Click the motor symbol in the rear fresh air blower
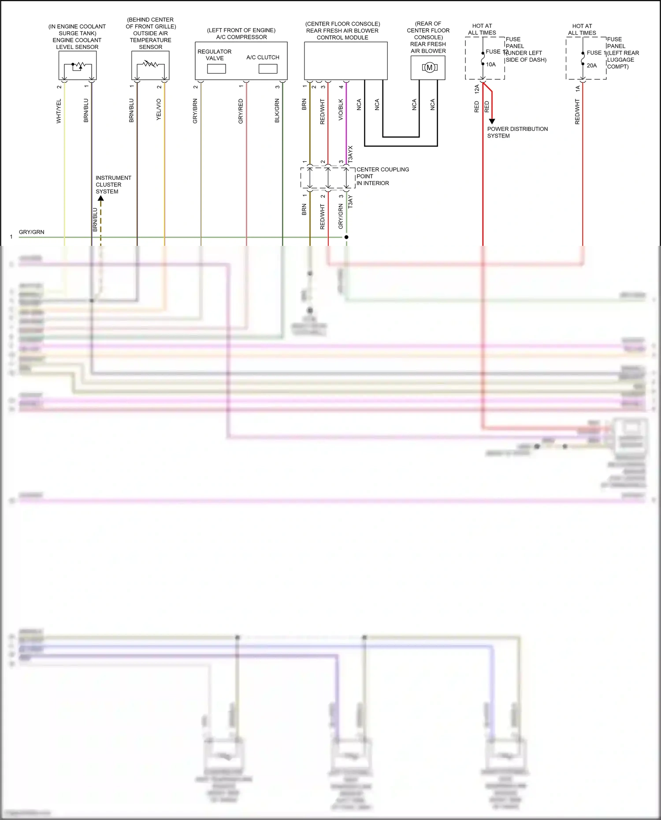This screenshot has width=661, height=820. click(429, 67)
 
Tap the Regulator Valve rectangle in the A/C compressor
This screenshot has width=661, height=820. click(216, 69)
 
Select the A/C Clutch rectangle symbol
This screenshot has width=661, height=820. click(268, 69)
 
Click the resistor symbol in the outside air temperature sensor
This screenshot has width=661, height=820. click(151, 64)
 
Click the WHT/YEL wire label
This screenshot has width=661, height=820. click(59, 111)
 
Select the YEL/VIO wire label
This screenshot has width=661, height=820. click(159, 109)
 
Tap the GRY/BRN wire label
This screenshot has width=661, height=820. click(195, 111)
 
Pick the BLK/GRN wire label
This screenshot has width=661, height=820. click(277, 111)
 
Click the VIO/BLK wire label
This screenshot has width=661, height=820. click(341, 110)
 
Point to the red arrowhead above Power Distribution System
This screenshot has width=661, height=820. click(492, 121)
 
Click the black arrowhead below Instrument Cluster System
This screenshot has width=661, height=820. click(101, 198)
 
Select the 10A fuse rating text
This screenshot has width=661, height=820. click(491, 64)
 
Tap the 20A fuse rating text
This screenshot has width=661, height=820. click(592, 66)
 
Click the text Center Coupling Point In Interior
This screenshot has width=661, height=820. click(382, 176)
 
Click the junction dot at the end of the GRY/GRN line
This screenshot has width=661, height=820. click(346, 237)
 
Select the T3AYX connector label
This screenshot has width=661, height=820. click(351, 155)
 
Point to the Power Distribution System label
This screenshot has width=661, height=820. click(517, 132)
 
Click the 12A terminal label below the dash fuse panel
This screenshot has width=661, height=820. click(477, 89)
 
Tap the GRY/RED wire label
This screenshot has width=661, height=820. click(241, 111)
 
